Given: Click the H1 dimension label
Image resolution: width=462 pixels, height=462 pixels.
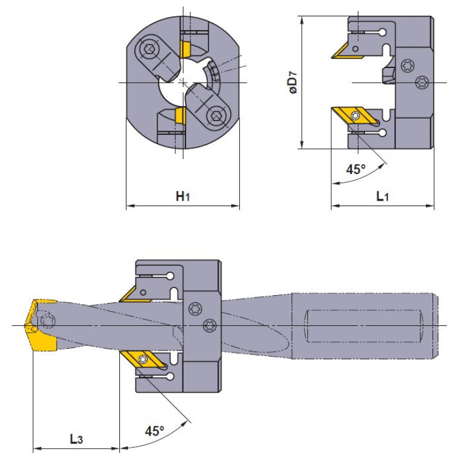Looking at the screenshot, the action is pyautogui.click(x=183, y=196).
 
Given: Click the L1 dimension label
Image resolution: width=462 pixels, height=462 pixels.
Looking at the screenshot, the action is pyautogui.click(x=382, y=196).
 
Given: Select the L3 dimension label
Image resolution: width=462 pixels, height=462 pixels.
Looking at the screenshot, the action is pyautogui.click(x=76, y=439).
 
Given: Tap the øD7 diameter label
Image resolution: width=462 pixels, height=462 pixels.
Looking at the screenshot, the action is pyautogui.click(x=293, y=83).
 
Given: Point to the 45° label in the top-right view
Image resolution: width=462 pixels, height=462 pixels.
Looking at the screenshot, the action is pyautogui.click(x=355, y=169).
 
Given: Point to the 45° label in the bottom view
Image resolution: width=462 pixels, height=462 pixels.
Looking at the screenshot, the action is pyautogui.click(x=154, y=431).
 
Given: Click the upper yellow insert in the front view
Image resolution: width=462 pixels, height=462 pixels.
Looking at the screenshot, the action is pyautogui.click(x=185, y=49).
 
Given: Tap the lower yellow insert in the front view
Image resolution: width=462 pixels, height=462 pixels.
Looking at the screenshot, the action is pyautogui.click(x=179, y=115).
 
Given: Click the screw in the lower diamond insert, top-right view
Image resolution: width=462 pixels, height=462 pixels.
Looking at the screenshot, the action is pyautogui.click(x=355, y=116).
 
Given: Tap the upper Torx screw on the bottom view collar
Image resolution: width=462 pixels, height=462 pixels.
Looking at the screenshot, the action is pyautogui.click(x=195, y=309).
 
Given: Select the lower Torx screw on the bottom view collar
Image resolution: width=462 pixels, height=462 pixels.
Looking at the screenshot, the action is pyautogui.click(x=210, y=326).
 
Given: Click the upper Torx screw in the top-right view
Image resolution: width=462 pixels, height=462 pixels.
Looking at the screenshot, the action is pyautogui.click(x=408, y=66).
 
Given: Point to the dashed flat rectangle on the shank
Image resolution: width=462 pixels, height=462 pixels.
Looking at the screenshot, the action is pyautogui.click(x=364, y=326).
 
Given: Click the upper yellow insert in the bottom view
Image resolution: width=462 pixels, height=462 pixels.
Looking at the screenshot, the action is pyautogui.click(x=136, y=295).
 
